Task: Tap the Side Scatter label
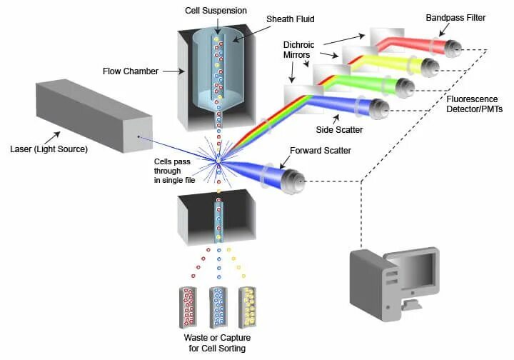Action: (339, 131)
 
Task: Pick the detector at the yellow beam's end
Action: (430, 68)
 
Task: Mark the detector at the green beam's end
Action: (406, 88)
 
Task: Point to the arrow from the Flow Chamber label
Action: (172, 71)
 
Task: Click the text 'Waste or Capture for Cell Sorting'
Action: (218, 342)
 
